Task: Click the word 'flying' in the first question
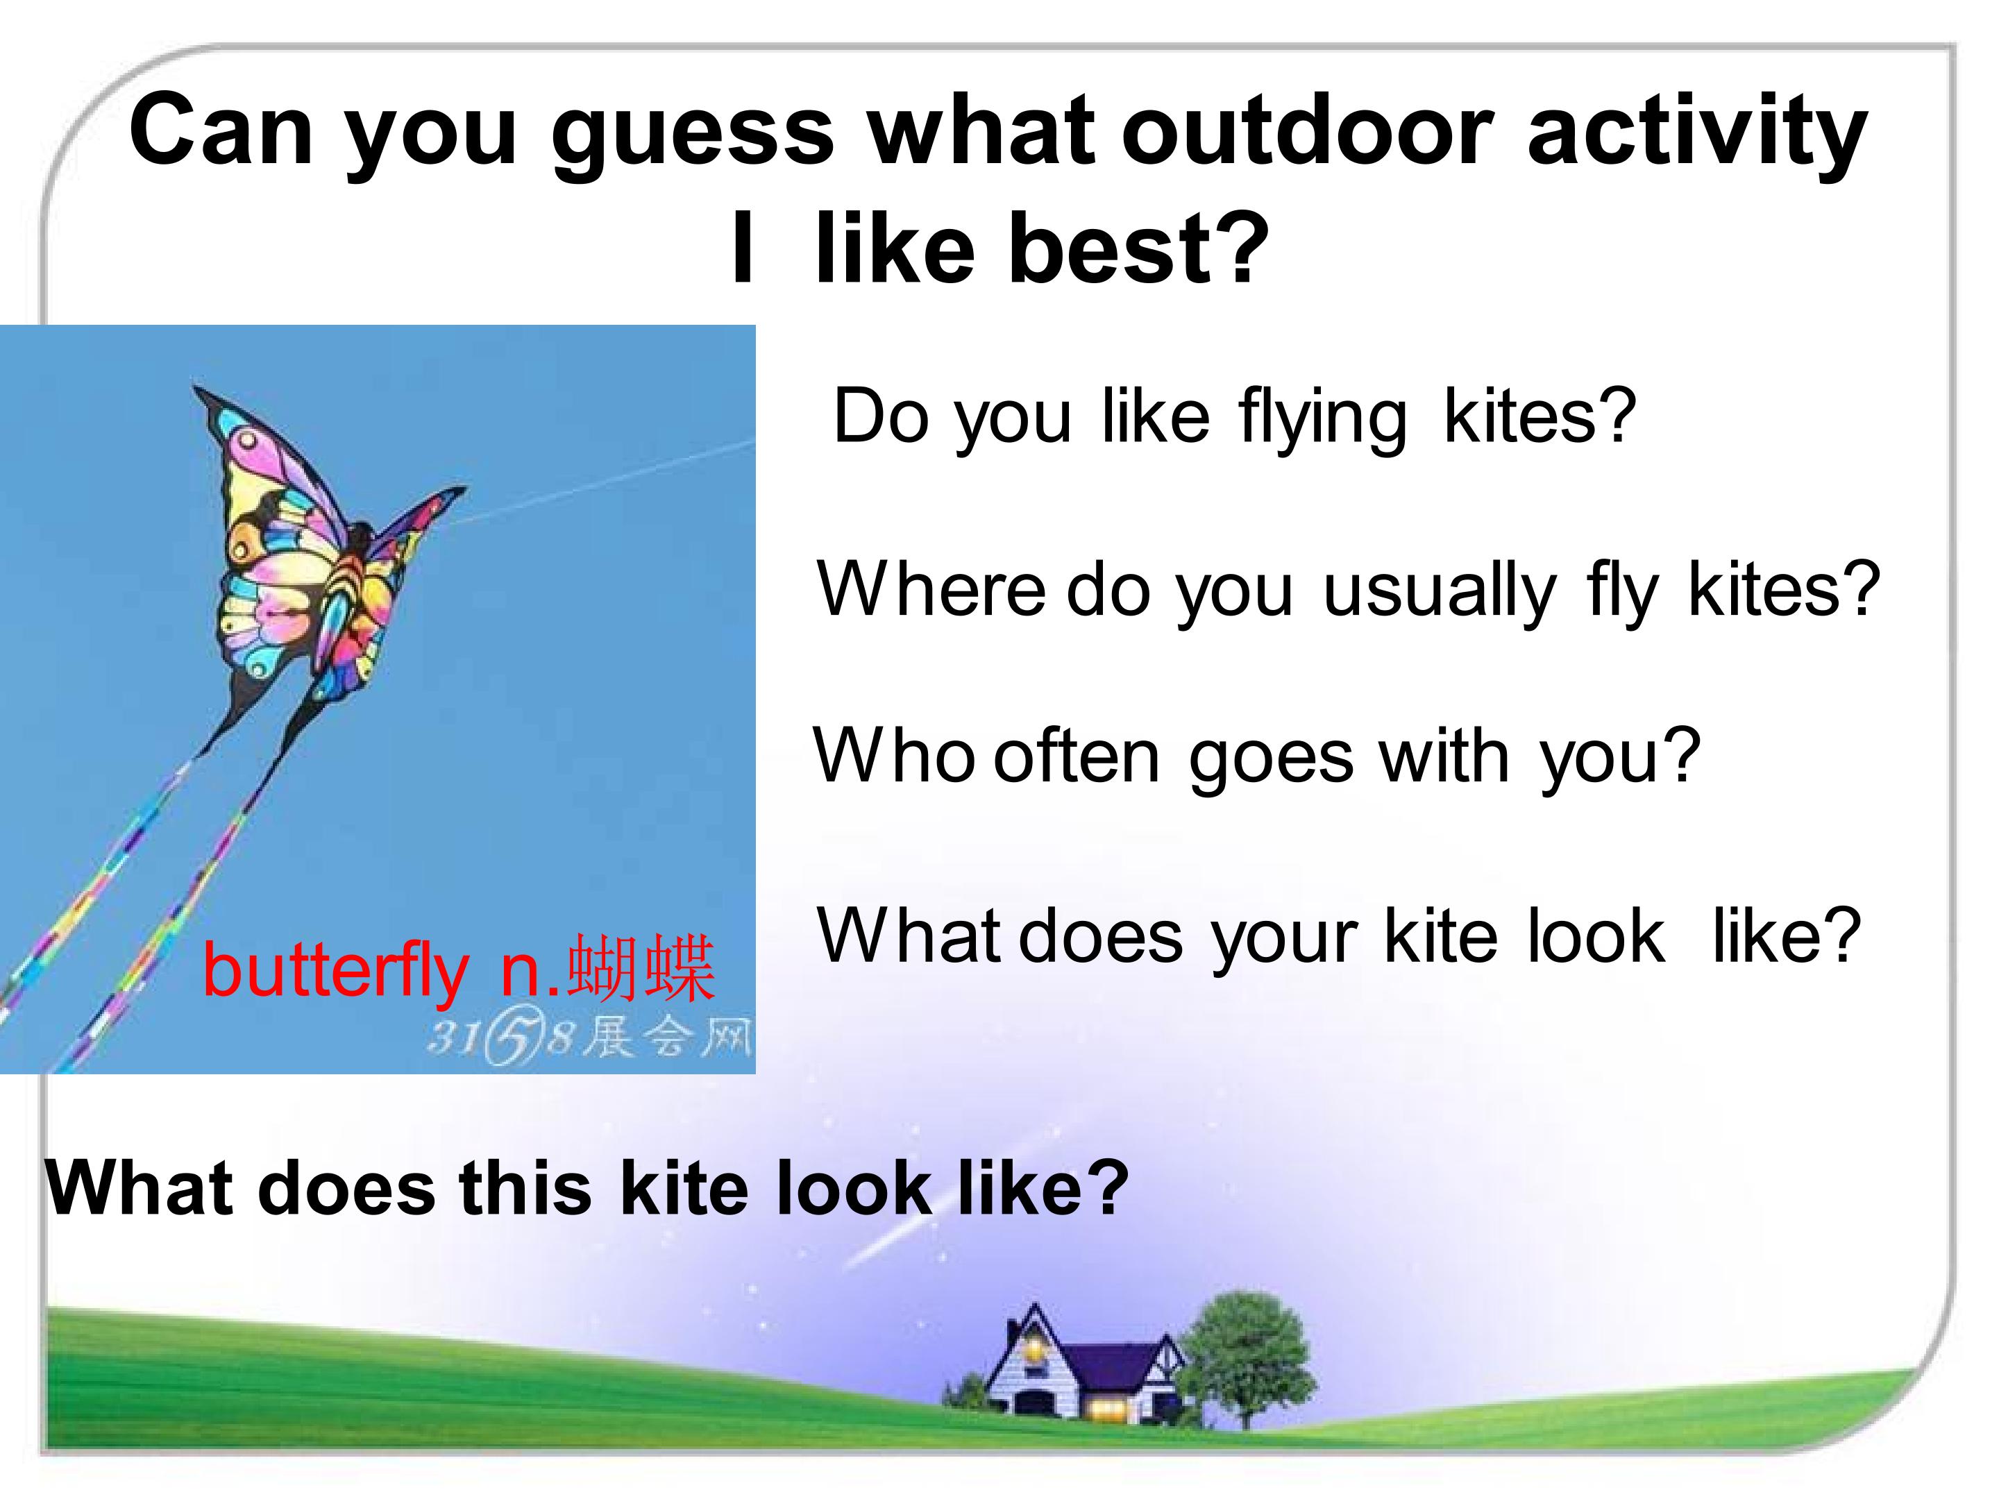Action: point(1322,419)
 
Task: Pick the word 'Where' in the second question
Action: point(931,590)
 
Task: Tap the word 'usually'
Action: point(1440,593)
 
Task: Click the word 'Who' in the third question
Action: point(893,755)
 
